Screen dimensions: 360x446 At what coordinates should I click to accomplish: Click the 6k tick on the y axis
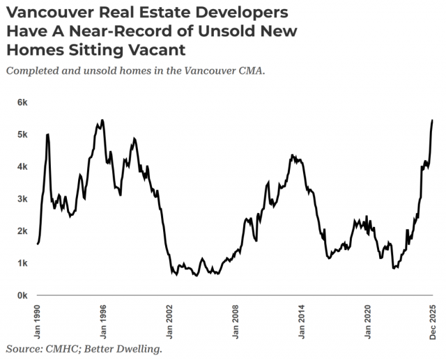point(23,102)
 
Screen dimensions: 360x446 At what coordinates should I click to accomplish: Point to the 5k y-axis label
point(23,134)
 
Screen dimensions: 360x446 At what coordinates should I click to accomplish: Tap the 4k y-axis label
point(23,166)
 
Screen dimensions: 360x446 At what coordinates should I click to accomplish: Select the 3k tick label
point(23,199)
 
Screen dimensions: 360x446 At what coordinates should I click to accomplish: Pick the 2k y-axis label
point(23,231)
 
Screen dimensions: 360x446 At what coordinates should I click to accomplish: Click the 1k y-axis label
point(23,263)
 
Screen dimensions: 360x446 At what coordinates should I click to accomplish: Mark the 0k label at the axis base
point(23,295)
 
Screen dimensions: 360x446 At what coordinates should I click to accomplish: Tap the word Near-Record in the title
point(144,31)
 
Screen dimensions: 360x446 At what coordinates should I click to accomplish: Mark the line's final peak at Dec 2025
point(433,120)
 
